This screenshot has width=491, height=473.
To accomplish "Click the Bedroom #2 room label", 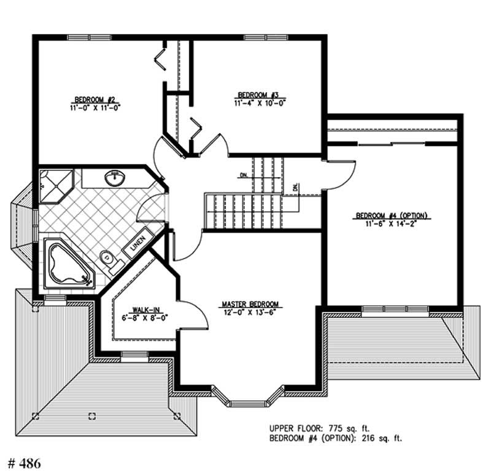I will click(96, 99).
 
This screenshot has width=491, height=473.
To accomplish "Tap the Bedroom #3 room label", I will click(258, 95).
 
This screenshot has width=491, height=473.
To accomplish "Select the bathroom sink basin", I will click(114, 179).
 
